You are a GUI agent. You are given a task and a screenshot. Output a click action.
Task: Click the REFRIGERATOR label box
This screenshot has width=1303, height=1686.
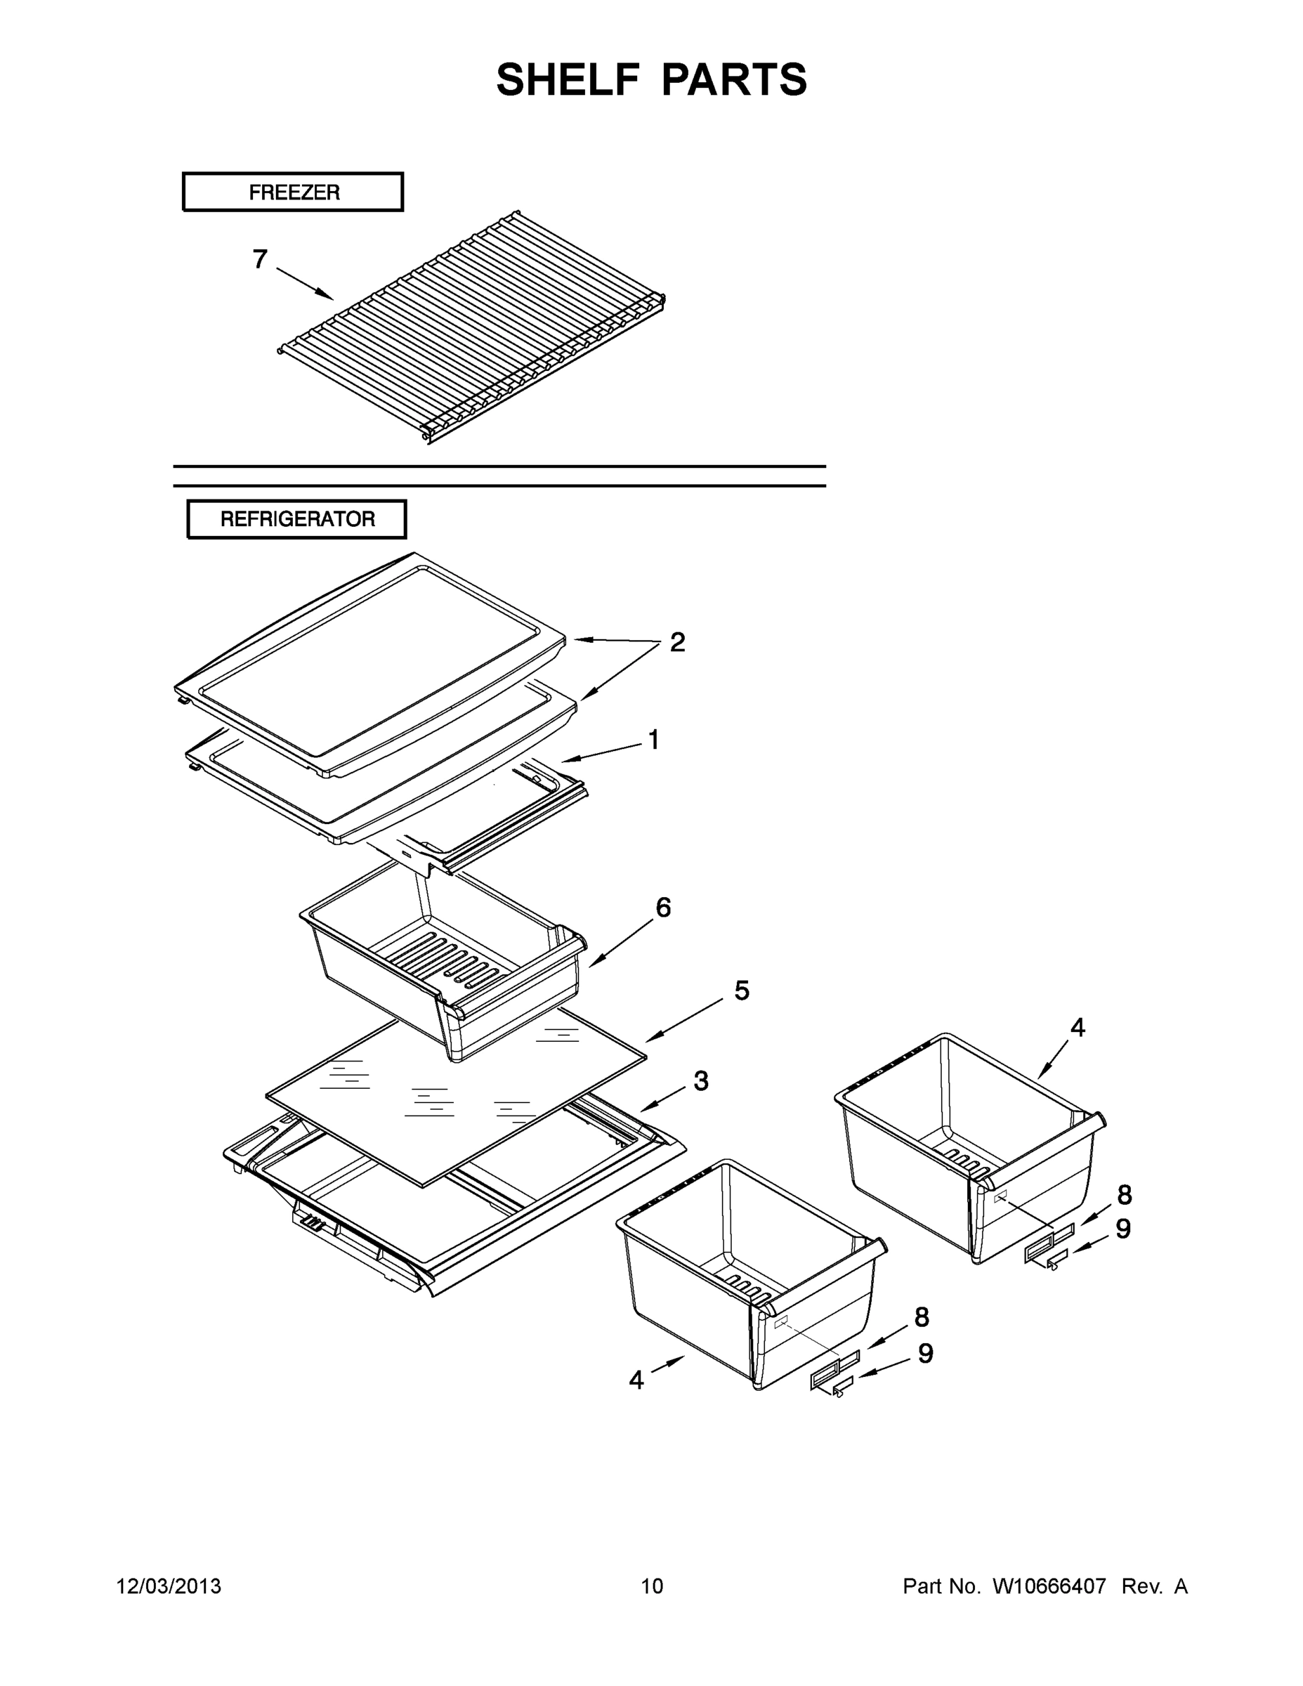[296, 518]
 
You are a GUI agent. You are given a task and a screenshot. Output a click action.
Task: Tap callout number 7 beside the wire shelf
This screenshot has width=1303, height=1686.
[260, 259]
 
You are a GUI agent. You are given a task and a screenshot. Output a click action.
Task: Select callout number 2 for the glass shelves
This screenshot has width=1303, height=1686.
[677, 642]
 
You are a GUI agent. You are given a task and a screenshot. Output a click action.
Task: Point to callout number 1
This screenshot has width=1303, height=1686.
[654, 740]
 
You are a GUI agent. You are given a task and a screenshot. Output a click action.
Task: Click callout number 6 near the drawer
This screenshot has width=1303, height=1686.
[663, 908]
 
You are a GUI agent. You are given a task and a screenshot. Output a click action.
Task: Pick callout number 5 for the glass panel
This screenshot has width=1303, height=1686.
[742, 991]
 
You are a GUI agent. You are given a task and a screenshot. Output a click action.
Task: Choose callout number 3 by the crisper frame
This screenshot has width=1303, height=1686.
[701, 1082]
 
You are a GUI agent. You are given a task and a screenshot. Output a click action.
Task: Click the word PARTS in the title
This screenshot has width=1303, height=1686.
[734, 79]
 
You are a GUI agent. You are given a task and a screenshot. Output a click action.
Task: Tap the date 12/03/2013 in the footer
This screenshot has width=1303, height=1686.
[169, 1586]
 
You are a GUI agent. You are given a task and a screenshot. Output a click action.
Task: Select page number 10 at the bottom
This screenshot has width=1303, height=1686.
[653, 1586]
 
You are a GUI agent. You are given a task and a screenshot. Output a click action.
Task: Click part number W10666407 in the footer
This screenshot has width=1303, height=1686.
[1049, 1586]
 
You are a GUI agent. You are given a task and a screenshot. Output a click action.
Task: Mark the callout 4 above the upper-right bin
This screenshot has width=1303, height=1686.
[1078, 1028]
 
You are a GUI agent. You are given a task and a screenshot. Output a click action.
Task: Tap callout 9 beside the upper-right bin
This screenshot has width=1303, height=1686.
[1123, 1228]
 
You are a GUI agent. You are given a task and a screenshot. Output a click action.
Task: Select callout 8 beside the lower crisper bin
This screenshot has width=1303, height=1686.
[922, 1317]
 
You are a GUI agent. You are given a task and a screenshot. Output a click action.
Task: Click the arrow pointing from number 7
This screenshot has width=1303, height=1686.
[305, 283]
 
